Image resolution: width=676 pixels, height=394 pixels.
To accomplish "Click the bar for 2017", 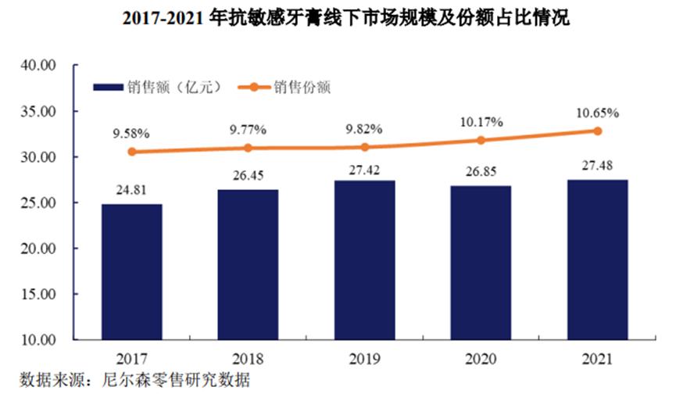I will coord(132,271).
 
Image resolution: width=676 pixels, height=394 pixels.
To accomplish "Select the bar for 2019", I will coord(364,260).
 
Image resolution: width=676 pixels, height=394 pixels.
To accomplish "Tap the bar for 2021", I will coord(597,260).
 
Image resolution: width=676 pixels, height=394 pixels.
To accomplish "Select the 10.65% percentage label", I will coord(598,113).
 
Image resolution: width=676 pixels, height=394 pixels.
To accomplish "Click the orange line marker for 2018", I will coord(248,148).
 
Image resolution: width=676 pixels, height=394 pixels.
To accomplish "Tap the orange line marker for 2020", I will coord(481,141).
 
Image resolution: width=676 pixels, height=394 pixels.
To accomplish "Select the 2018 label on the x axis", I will coord(248,359).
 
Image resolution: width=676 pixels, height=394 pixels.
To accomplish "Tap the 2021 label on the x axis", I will coord(597,359).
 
